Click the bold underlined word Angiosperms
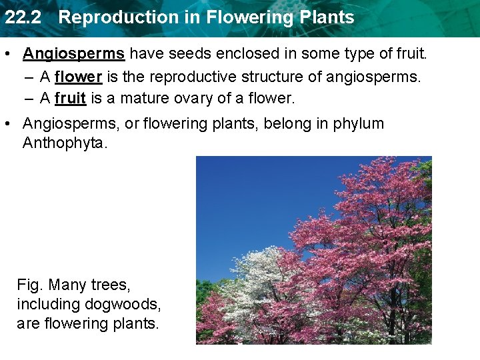click(x=74, y=53)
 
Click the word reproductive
click(x=174, y=77)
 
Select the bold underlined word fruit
click(x=70, y=99)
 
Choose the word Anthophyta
click(x=63, y=143)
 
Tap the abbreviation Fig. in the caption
click(x=29, y=285)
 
